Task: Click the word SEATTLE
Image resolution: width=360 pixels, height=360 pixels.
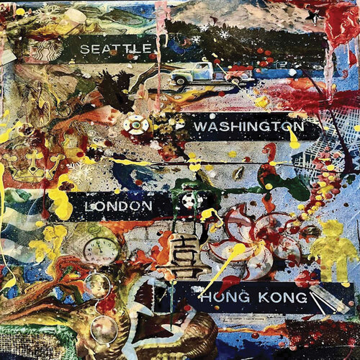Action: pyautogui.click(x=117, y=49)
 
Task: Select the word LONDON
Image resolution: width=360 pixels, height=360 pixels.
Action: pyautogui.click(x=118, y=206)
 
